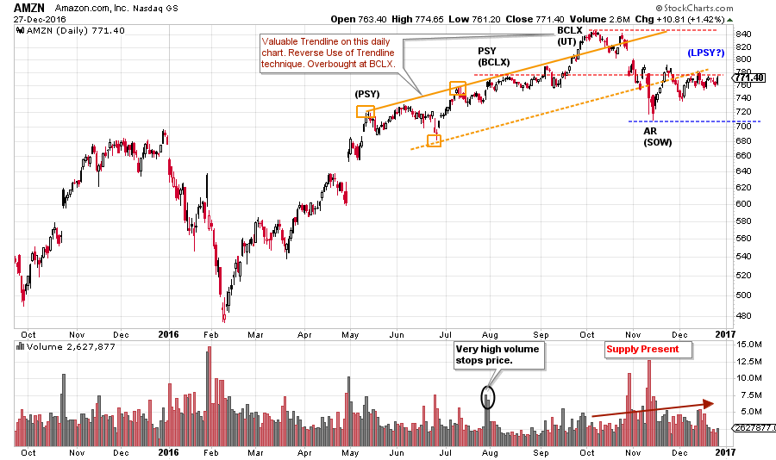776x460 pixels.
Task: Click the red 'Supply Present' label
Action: (641, 349)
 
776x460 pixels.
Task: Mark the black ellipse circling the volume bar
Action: (489, 398)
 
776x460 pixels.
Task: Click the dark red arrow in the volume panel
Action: (652, 408)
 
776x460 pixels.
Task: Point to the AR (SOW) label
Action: (657, 136)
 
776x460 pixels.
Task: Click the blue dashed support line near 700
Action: (681, 121)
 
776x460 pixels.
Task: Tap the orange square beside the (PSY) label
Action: (366, 111)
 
